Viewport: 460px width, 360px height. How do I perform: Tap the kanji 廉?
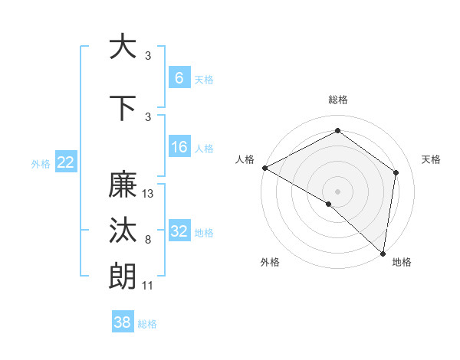tap(123, 185)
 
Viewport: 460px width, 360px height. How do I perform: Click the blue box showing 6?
tap(179, 78)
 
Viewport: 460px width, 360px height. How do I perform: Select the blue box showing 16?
tap(179, 147)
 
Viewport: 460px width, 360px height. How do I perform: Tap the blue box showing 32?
tap(179, 231)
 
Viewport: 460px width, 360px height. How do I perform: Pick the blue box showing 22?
tap(66, 162)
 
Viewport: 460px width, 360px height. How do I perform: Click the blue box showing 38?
tap(123, 322)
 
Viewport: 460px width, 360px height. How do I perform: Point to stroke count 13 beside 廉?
tap(148, 194)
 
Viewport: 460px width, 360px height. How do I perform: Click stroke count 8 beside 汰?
tap(147, 240)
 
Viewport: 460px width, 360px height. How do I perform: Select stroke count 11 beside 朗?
tap(148, 285)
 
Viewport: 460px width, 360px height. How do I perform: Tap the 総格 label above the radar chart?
tap(337, 100)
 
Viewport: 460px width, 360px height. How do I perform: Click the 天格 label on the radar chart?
tap(431, 159)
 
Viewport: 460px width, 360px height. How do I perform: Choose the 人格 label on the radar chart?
tap(245, 159)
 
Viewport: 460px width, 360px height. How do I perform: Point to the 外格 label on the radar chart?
tap(269, 262)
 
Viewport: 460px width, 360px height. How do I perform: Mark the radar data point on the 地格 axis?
tap(383, 253)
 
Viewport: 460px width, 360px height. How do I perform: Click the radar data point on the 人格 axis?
tap(264, 168)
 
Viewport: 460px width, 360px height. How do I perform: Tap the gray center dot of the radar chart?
tap(337, 191)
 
